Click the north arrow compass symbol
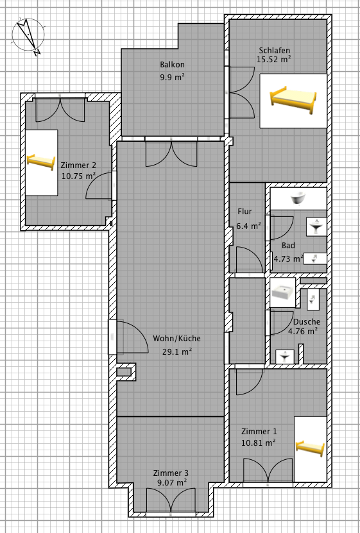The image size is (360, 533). (x=28, y=36)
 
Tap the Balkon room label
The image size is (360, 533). (x=173, y=65)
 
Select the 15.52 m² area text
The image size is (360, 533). (x=274, y=60)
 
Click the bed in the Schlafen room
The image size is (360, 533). (x=293, y=101)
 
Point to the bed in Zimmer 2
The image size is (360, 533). (x=41, y=162)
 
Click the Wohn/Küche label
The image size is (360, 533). (x=176, y=339)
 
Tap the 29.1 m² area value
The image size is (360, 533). (x=177, y=351)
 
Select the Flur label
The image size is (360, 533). (x=244, y=212)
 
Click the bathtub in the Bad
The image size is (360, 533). (x=298, y=198)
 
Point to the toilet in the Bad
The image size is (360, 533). (x=315, y=259)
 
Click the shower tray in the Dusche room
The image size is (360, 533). (x=283, y=292)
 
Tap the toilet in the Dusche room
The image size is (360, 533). (x=313, y=299)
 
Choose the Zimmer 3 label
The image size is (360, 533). (x=171, y=473)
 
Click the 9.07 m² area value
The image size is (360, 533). (x=172, y=482)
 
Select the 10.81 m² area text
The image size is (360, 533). (x=259, y=443)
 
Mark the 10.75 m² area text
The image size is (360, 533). (x=78, y=176)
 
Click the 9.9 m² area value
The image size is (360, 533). (x=173, y=77)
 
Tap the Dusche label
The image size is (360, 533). (x=307, y=321)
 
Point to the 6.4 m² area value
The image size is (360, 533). (x=248, y=226)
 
